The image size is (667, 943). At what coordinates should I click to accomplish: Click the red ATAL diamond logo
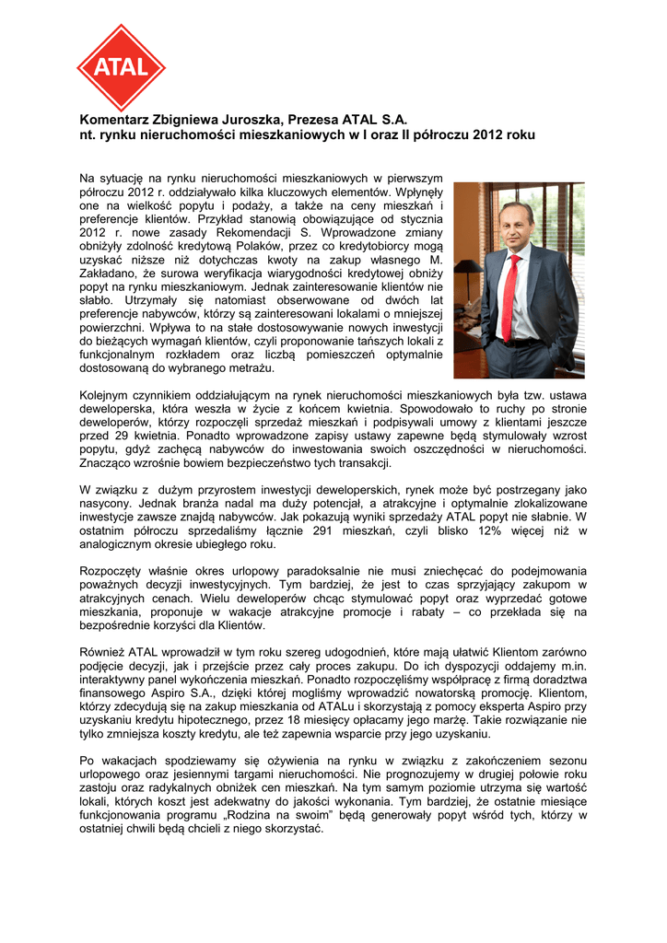[121, 68]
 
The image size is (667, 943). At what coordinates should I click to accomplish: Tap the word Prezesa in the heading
[313, 120]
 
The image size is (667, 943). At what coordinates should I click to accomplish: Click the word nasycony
[107, 505]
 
